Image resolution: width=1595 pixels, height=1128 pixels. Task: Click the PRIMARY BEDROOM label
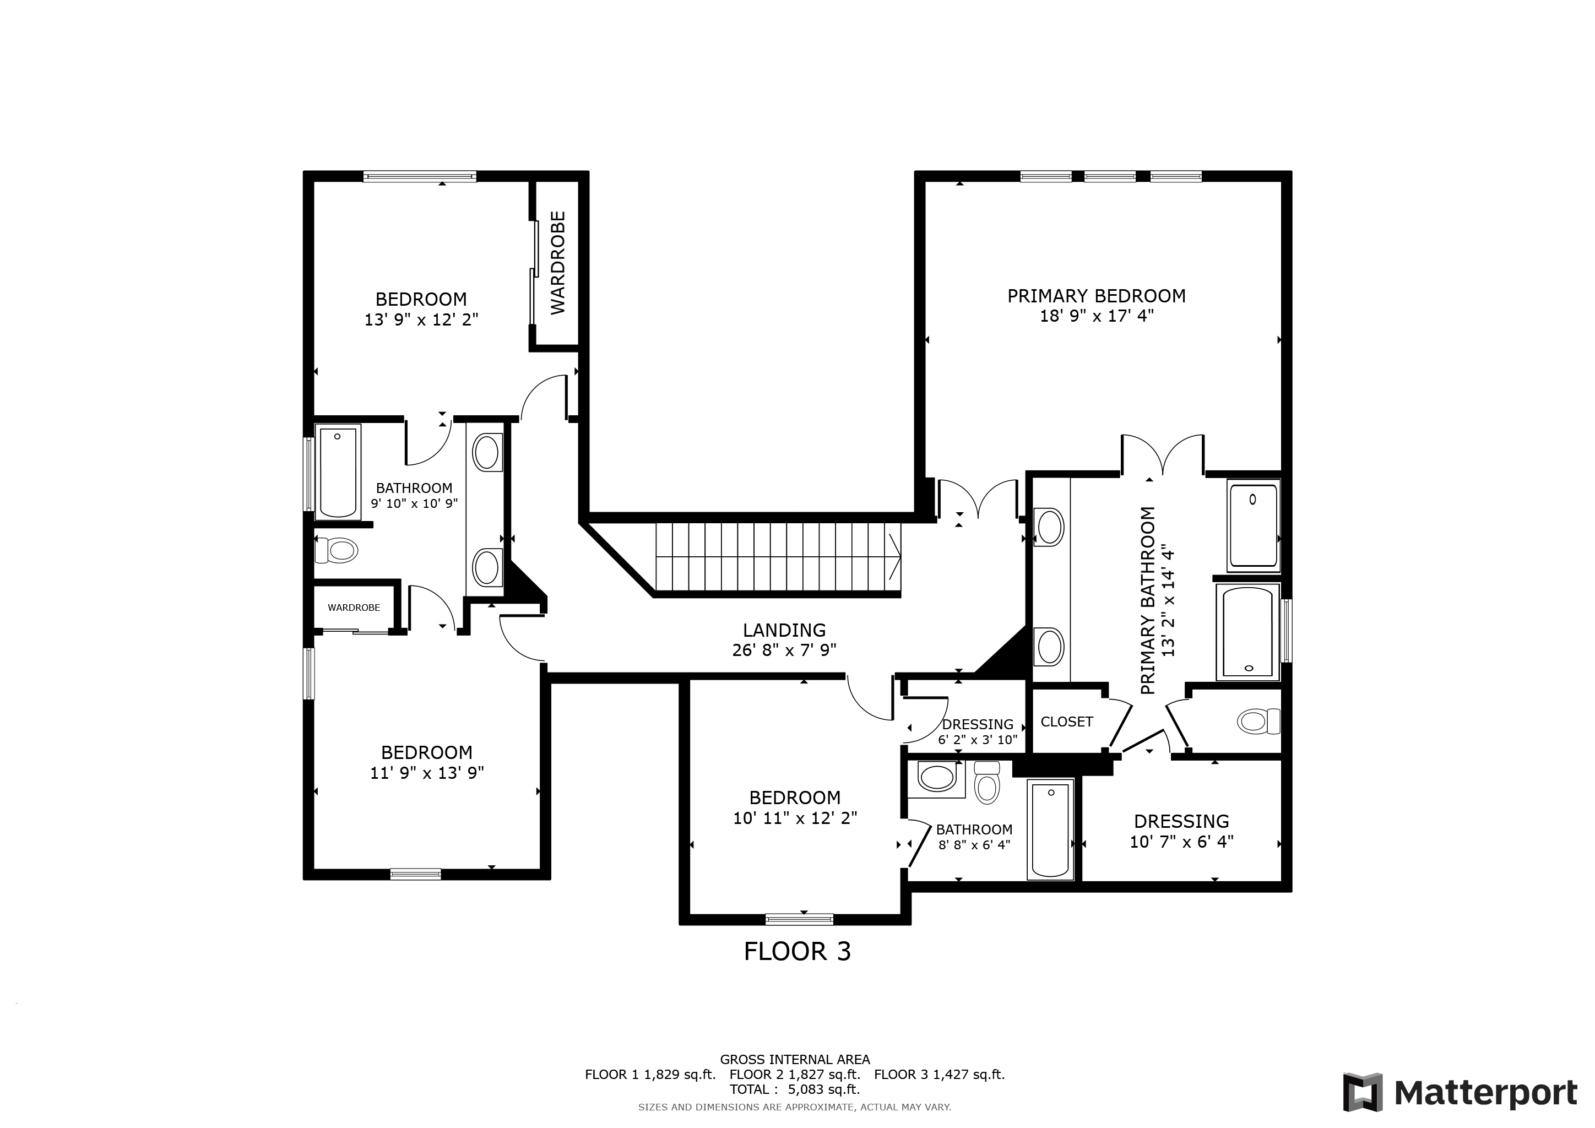pos(1096,296)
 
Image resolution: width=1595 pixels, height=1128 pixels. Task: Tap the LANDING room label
pos(784,630)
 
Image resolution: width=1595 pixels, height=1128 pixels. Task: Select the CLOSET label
pos(1066,722)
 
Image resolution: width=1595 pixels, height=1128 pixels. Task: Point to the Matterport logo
pos(1460,1093)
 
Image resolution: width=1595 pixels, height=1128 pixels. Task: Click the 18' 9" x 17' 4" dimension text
pos(1096,316)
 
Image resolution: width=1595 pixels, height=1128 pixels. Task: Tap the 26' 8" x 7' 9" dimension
pos(784,650)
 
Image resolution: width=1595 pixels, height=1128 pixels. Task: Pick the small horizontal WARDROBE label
pos(354,608)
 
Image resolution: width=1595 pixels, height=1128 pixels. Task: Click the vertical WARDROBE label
pos(558,263)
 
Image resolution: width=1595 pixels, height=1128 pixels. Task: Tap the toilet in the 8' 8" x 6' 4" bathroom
pos(986,782)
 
